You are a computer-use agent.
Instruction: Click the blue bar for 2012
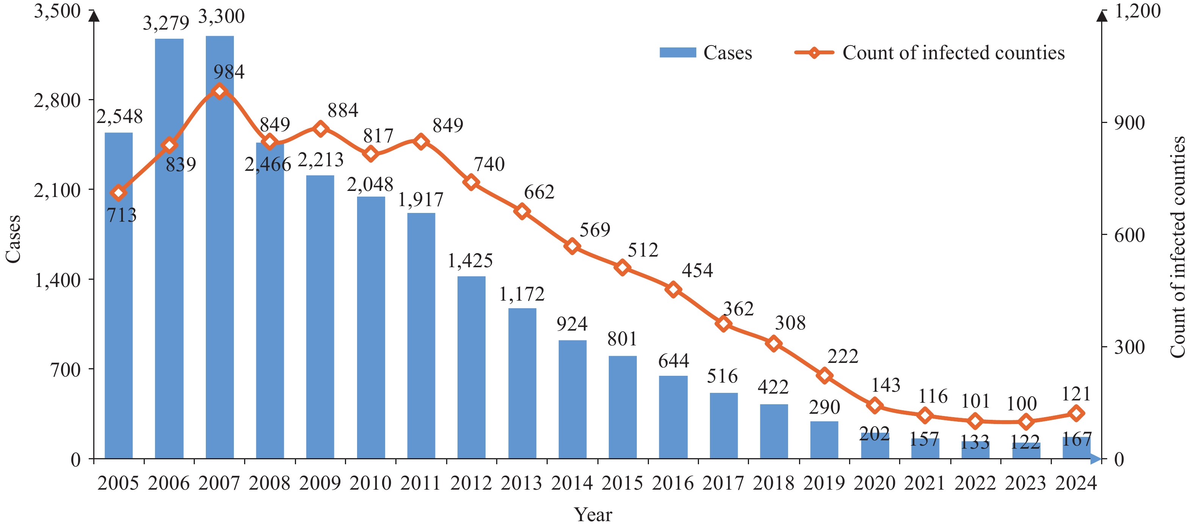click(x=472, y=367)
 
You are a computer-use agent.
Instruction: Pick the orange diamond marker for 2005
click(x=119, y=193)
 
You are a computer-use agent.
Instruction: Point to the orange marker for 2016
click(x=674, y=290)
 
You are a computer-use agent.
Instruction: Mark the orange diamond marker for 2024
click(x=1076, y=413)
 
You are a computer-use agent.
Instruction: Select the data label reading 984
click(x=229, y=72)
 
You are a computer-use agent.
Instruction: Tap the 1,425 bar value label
click(x=470, y=261)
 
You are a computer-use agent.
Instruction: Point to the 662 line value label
click(x=539, y=192)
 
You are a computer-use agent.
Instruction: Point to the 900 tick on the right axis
click(x=1129, y=123)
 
